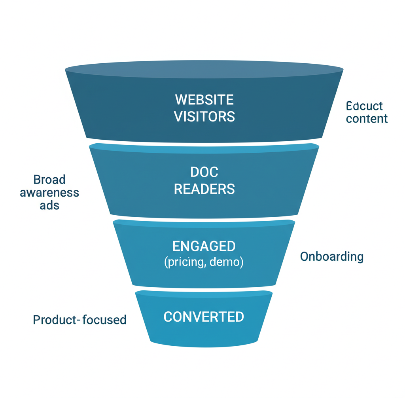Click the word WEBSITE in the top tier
pos(204,99)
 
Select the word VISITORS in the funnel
pos(204,116)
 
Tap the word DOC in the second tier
pos(204,172)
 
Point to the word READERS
pos(204,189)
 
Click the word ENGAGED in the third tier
pos(204,246)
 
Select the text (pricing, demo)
pos(204,262)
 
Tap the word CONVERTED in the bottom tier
pos(204,317)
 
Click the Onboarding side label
pos(331,257)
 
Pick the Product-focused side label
pos(79,320)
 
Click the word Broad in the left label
pos(49,180)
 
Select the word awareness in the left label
pos(49,193)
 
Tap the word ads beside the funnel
pos(49,206)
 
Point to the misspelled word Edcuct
pos(364,106)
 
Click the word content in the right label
pos(367,119)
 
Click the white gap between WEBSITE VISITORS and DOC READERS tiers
pos(204,144)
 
